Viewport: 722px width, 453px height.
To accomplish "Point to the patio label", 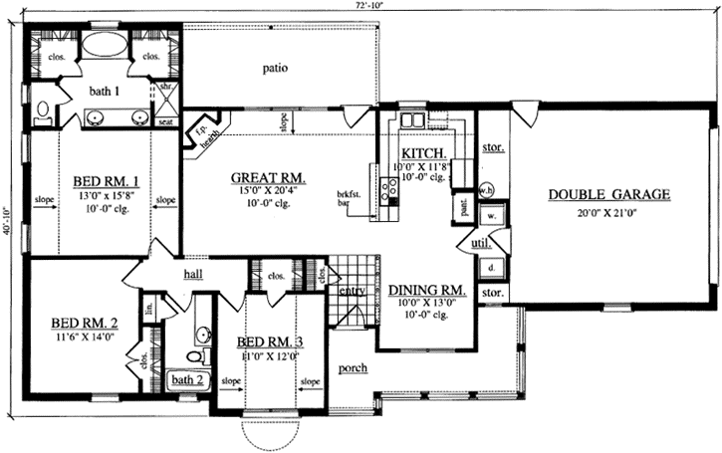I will [x=276, y=69].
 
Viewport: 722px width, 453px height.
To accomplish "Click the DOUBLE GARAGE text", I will [x=607, y=194].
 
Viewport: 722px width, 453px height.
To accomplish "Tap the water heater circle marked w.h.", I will [x=487, y=188].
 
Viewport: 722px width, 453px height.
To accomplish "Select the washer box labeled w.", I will [x=490, y=214].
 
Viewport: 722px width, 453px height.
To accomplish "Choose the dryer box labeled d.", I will [x=491, y=266].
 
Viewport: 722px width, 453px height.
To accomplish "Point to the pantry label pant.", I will [x=464, y=209].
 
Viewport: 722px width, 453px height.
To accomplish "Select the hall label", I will [x=193, y=272].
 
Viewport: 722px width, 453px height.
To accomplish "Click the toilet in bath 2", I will [x=194, y=355].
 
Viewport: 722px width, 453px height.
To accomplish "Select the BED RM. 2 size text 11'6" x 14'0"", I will [x=85, y=337].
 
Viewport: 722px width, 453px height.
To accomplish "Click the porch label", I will [x=353, y=368].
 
